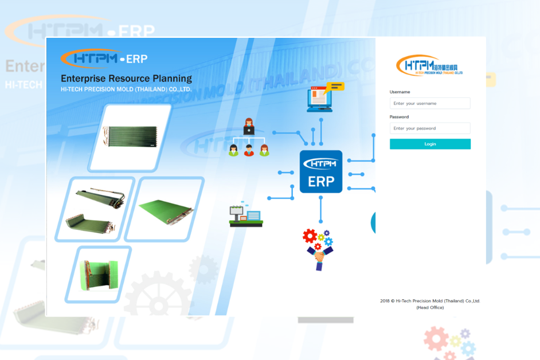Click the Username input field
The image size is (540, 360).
[x=430, y=104]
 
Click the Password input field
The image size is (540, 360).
[x=430, y=128]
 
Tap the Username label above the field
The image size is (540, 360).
[x=400, y=92]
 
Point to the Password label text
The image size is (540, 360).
[x=399, y=117]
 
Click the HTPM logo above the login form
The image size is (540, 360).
[x=429, y=65]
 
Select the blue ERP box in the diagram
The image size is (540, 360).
[x=321, y=172]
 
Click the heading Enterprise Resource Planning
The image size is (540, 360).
[x=126, y=79]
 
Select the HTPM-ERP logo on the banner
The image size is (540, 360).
[x=104, y=58]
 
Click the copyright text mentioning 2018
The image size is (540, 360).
[x=430, y=301]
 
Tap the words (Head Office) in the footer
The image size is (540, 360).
[x=430, y=308]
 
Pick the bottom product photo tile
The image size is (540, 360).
[x=98, y=274]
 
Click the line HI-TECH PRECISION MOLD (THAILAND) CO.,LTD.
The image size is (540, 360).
[x=126, y=89]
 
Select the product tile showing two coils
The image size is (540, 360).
[x=95, y=208]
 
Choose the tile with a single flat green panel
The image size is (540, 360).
[x=165, y=209]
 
